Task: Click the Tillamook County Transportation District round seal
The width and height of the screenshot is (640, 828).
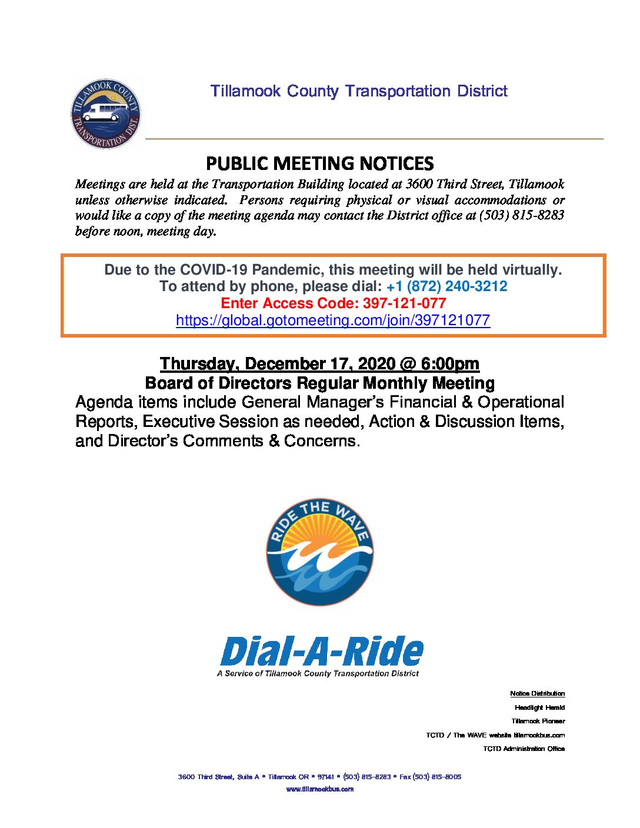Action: coord(106,113)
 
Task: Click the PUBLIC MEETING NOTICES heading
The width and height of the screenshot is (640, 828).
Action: coord(320,163)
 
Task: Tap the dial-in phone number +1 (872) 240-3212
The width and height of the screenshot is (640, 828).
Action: coord(446,286)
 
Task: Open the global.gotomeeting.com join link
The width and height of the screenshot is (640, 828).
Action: coord(333,320)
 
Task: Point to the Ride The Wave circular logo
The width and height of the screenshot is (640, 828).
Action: coord(319,552)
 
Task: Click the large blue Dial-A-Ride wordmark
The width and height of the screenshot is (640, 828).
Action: coord(322,652)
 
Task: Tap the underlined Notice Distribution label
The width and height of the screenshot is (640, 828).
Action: coord(537,694)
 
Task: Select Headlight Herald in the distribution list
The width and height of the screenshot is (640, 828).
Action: coord(539,707)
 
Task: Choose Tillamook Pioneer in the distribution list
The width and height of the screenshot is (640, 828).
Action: coord(538,721)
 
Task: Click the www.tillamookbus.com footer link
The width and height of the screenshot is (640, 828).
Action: coord(319,789)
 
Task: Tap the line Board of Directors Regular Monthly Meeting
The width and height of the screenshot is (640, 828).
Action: coord(319,383)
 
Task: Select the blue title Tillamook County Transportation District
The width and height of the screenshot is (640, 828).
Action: coord(359,91)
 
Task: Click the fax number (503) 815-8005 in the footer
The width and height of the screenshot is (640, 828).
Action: coord(436,777)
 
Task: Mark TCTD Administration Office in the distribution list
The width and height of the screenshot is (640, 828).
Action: coord(524,749)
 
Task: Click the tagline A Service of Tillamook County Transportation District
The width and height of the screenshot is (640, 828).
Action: coord(318,673)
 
